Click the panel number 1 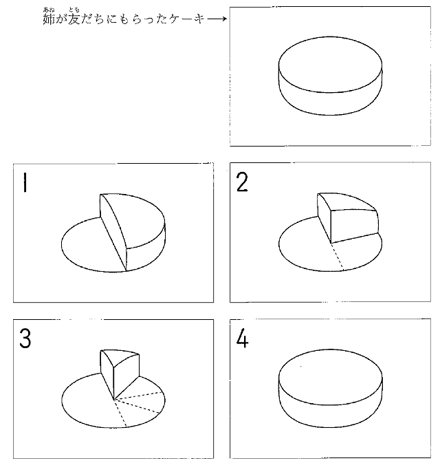[x=25, y=182]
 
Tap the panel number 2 [x=242, y=182]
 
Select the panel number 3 [x=25, y=338]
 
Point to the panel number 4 [x=242, y=338]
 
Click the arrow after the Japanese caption [x=217, y=19]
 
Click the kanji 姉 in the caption [x=49, y=19]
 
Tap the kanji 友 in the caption [x=74, y=19]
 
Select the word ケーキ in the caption [x=187, y=19]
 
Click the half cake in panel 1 [x=133, y=232]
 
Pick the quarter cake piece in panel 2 [x=349, y=218]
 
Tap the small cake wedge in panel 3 [x=120, y=374]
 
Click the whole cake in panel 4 [x=331, y=388]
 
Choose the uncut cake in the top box [x=331, y=76]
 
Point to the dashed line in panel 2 [x=338, y=257]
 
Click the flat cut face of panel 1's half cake [x=113, y=233]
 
